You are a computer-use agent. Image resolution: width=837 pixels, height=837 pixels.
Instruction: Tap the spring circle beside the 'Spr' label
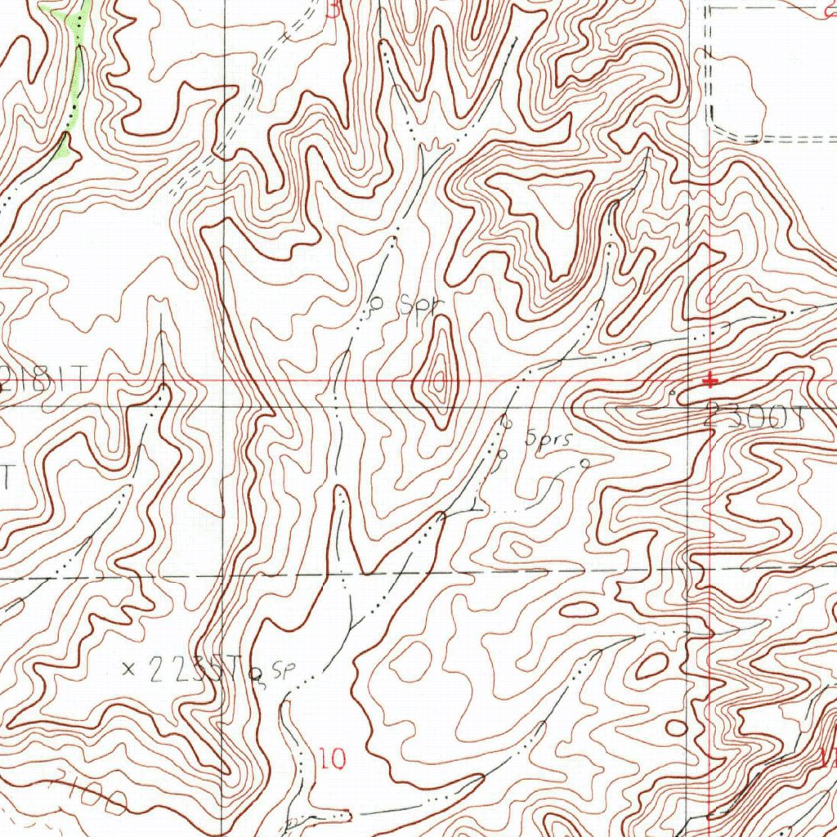click(378, 302)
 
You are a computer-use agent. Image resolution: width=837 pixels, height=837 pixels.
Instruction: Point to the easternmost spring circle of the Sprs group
click(584, 463)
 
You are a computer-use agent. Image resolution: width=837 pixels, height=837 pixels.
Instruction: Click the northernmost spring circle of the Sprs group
click(506, 423)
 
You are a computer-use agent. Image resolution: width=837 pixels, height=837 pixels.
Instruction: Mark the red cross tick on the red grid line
click(711, 380)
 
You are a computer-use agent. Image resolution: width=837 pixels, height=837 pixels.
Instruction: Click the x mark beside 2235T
click(128, 669)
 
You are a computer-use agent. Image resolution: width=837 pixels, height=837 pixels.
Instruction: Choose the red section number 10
click(333, 759)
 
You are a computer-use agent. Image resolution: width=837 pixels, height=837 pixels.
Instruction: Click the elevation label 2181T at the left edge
click(45, 378)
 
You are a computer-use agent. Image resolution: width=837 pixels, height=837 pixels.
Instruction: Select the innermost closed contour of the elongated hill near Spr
click(441, 378)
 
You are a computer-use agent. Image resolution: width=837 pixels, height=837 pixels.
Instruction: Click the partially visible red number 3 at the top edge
click(333, 8)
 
